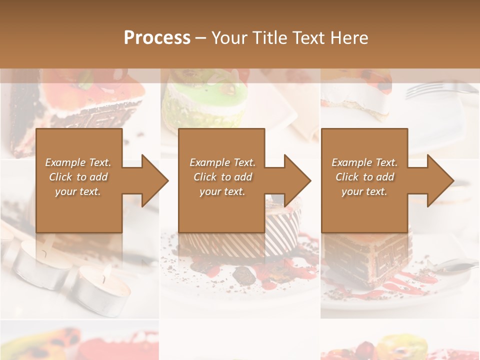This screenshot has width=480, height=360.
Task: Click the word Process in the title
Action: click(157, 38)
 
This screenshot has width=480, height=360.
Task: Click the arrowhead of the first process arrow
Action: click(155, 180)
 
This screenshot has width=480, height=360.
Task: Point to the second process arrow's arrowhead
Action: click(297, 180)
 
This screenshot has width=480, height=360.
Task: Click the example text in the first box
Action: click(78, 177)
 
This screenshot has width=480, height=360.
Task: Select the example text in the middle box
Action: click(222, 177)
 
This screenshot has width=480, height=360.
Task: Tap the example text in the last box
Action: click(364, 177)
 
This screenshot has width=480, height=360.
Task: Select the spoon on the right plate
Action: click(455, 267)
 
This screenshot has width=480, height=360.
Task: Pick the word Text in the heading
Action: click(308, 38)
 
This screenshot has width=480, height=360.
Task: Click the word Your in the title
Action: click(229, 38)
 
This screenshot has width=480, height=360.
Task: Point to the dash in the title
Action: click(201, 38)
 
